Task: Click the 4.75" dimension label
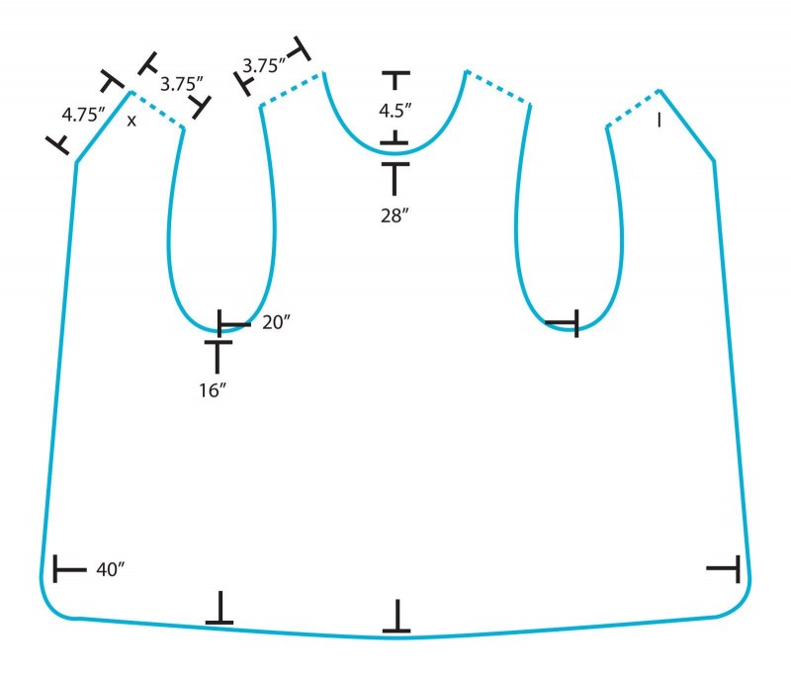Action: click(83, 115)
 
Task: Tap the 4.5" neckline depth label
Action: click(395, 111)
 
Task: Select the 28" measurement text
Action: click(395, 215)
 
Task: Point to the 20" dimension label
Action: click(276, 322)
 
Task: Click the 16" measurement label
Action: click(213, 390)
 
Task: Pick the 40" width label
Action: click(110, 569)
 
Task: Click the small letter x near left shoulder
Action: click(132, 121)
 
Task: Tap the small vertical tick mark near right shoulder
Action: click(659, 120)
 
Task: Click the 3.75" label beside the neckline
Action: click(264, 65)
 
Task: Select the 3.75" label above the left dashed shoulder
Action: click(182, 84)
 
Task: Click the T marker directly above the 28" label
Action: click(395, 179)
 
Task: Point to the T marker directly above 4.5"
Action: click(395, 81)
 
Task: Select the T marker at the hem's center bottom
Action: click(397, 616)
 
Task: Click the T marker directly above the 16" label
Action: click(218, 357)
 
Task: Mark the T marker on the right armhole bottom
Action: click(562, 322)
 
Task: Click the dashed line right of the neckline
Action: click(497, 88)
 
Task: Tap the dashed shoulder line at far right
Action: click(633, 108)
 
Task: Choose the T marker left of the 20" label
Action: click(233, 323)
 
